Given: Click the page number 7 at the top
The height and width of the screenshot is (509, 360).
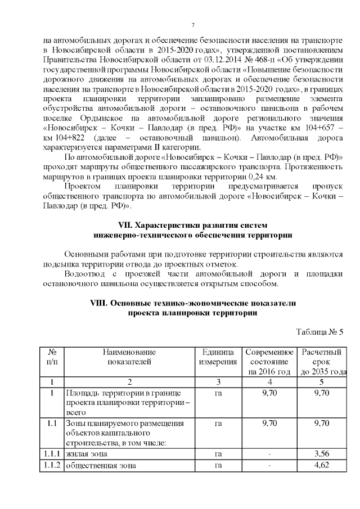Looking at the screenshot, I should pos(192,25).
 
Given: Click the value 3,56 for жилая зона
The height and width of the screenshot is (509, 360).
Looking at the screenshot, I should pos(322,453).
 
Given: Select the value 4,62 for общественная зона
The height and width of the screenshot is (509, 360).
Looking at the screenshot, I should pos(322,465).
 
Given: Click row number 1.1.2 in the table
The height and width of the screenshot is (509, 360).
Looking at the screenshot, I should pos(51,465).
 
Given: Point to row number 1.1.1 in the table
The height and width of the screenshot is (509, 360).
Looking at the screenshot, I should pos(51,453).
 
